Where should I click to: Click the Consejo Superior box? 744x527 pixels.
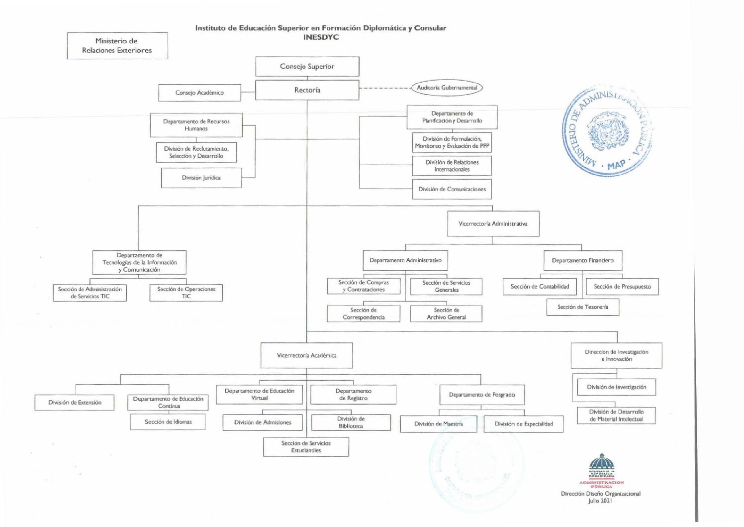click(307, 67)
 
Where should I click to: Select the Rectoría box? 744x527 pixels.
click(307, 90)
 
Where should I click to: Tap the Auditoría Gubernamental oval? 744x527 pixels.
click(447, 88)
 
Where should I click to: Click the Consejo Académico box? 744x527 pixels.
click(199, 93)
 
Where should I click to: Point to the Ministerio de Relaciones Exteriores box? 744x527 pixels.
click(117, 46)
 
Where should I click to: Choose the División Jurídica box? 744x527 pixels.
click(201, 178)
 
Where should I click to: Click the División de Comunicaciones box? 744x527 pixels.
click(452, 189)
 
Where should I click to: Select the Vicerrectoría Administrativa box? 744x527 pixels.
click(493, 224)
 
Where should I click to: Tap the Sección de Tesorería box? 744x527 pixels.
click(582, 307)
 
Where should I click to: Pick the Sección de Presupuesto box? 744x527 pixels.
click(622, 287)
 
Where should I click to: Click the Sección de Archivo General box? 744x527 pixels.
click(446, 314)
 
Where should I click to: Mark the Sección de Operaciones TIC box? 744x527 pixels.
click(186, 293)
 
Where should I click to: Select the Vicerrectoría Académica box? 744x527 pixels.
click(306, 355)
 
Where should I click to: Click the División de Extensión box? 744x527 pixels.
click(75, 403)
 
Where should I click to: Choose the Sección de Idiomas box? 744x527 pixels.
click(168, 422)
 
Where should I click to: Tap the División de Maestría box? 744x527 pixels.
click(438, 424)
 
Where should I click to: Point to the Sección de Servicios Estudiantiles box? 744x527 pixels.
click(306, 447)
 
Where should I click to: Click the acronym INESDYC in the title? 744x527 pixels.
click(321, 37)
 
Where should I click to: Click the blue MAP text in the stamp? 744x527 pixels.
click(616, 165)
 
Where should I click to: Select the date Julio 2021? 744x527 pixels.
click(600, 501)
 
